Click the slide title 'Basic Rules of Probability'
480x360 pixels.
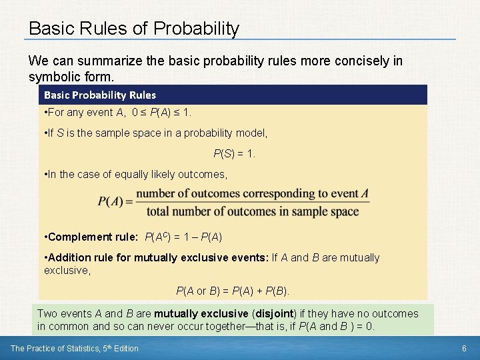pos(133,29)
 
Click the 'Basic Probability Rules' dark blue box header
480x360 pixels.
pos(100,95)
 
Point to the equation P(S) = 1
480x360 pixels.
pos(234,153)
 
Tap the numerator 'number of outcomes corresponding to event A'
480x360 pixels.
pos(253,194)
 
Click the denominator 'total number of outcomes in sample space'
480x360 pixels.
pos(253,212)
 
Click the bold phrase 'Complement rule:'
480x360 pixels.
pos(93,237)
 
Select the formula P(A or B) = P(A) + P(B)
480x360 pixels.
pos(233,291)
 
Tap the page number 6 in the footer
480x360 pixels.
pos(463,348)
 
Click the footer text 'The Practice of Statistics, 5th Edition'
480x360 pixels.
pos(75,348)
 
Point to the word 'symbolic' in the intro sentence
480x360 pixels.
pos(51,77)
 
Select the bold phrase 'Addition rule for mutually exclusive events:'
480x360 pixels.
pos(159,257)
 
